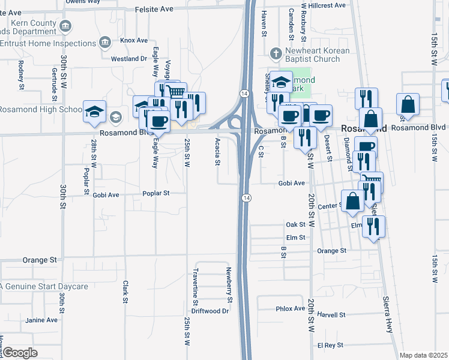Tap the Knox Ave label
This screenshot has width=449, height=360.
pyautogui.click(x=133, y=40)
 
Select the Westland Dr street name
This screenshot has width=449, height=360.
pyautogui.click(x=128, y=59)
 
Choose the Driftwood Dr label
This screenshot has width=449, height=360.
pyautogui.click(x=210, y=311)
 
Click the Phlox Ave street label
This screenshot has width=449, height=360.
pyautogui.click(x=291, y=308)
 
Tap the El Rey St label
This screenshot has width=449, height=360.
pyautogui.click(x=330, y=345)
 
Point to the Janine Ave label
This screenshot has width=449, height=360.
pyautogui.click(x=41, y=320)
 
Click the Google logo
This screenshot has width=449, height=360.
pyautogui.click(x=20, y=352)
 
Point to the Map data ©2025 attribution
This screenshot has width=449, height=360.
pyautogui.click(x=423, y=355)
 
